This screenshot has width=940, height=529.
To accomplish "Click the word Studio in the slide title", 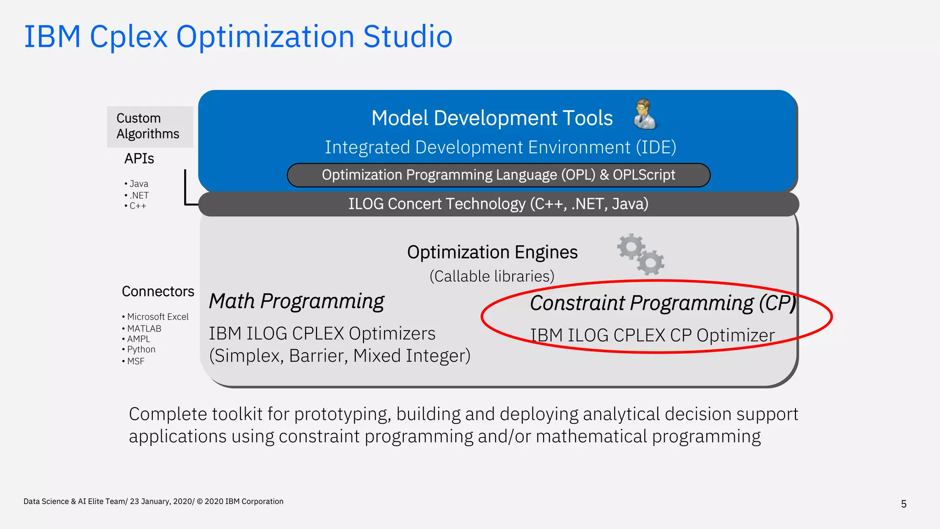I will tap(408, 37).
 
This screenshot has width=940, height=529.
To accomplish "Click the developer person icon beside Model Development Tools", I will tap(645, 114).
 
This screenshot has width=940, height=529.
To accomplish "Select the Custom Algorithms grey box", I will tap(150, 126).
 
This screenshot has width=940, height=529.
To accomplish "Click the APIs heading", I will tap(139, 158).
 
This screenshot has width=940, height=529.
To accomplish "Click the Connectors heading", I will tap(158, 292).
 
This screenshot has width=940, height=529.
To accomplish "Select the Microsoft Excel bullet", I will tap(157, 317).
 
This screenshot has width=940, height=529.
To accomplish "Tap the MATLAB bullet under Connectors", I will tap(144, 329).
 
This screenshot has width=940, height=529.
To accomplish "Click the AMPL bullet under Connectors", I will tap(139, 339).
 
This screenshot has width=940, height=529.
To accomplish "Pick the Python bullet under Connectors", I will tap(141, 349).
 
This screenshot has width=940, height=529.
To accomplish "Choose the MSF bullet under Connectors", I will tap(136, 361).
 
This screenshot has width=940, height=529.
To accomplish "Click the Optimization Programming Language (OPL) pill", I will tap(498, 175).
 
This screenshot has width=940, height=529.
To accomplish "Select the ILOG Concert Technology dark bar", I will tap(498, 204).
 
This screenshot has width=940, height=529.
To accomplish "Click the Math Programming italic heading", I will tap(297, 301).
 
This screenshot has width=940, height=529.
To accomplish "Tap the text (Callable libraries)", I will tap(492, 276).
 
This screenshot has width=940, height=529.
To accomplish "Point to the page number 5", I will tap(903, 504).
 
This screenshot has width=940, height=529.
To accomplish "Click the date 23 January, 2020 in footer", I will tap(161, 501).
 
